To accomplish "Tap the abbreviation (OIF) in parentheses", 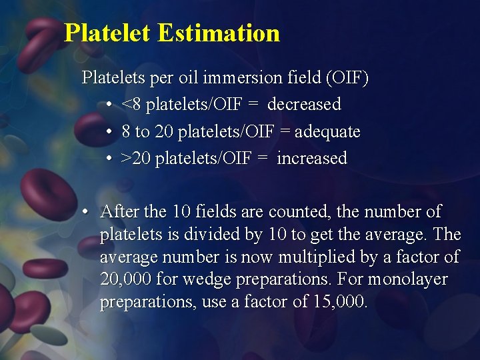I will pyautogui.click(x=346, y=78).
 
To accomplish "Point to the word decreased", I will pyautogui.click(x=304, y=105).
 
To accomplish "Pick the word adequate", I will pyautogui.click(x=327, y=132).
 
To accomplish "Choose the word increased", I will pyautogui.click(x=312, y=159).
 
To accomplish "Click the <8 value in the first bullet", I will pyautogui.click(x=131, y=105).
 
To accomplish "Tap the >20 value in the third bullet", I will pyautogui.click(x=136, y=159).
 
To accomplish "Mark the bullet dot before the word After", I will pyautogui.click(x=86, y=213).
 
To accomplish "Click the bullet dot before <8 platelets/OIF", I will pyautogui.click(x=109, y=105).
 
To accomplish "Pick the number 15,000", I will pyautogui.click(x=339, y=302).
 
